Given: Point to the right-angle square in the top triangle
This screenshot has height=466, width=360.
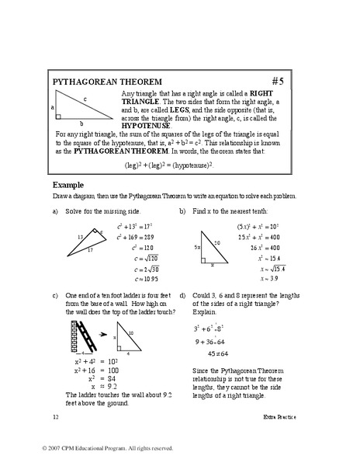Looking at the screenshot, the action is [59, 116].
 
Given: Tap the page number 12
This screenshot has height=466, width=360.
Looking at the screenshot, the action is [56, 419].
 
